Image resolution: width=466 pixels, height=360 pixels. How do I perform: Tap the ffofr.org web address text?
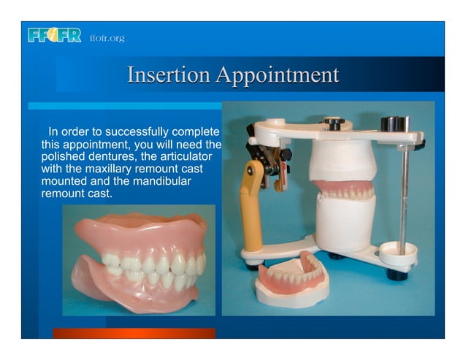[107, 38]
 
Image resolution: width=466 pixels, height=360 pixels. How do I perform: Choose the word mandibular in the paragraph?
[161, 182]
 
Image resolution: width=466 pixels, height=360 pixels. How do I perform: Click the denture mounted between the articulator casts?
[345, 191]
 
